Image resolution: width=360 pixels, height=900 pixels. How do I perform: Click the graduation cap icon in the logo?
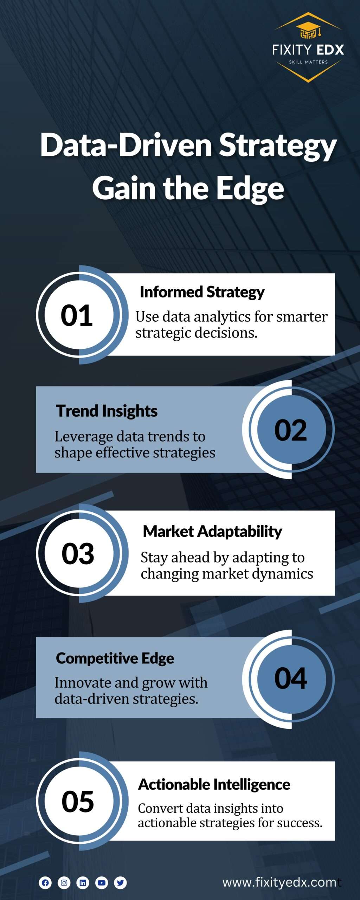point(308,30)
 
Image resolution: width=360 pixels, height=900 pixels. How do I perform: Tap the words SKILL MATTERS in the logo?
point(308,62)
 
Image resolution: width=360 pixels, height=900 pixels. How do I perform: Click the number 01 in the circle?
point(77,315)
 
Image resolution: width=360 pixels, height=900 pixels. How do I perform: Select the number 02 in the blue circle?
point(290,430)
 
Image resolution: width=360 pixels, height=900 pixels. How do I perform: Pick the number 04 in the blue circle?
point(290,678)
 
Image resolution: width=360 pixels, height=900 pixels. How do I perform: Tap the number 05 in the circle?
point(78,801)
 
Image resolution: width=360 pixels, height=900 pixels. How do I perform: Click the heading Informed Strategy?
point(202,292)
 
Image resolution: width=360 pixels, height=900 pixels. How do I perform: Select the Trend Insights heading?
point(107,411)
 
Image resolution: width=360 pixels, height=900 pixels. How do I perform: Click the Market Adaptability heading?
point(212,531)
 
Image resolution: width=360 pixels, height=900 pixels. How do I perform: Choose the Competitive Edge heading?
point(115,658)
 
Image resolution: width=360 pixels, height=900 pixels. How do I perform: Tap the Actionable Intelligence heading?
point(214,784)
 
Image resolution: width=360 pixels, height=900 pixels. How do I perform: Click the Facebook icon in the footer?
point(45,883)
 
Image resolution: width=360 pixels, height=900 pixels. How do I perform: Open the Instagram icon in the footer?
point(64,883)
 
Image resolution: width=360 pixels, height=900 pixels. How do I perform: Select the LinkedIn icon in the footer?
point(83,883)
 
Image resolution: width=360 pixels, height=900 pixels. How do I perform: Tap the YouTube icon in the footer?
point(102,883)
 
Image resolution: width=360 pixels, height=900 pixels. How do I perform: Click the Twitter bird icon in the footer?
point(120,883)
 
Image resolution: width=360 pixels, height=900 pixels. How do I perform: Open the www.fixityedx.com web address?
point(279,882)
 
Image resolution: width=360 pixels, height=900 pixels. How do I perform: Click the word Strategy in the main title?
point(278,146)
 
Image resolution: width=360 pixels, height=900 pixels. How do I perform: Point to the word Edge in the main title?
point(250,189)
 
